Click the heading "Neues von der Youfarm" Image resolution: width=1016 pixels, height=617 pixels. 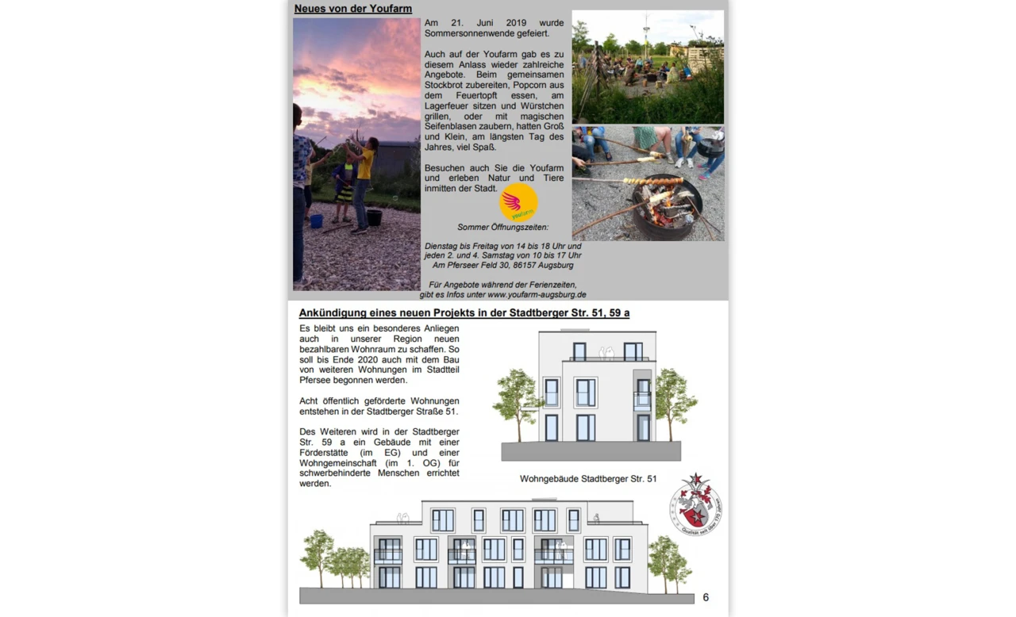pyautogui.click(x=352, y=10)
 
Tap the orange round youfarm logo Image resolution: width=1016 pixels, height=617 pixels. pyautogui.click(x=518, y=203)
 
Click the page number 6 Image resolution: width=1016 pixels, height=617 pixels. pyautogui.click(x=706, y=597)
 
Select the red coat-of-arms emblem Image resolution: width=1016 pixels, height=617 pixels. pyautogui.click(x=695, y=504)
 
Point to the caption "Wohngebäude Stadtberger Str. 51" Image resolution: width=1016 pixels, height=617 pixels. pyautogui.click(x=587, y=479)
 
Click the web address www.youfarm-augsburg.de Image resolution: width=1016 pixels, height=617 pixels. pyautogui.click(x=537, y=295)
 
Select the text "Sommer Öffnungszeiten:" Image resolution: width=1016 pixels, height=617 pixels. pyautogui.click(x=502, y=228)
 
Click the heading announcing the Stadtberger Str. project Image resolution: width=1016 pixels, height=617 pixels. pyautogui.click(x=464, y=313)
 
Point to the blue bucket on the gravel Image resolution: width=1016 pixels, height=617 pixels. pyautogui.click(x=316, y=221)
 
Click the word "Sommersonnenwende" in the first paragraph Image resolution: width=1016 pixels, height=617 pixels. pyautogui.click(x=462, y=34)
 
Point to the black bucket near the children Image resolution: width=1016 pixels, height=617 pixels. pyautogui.click(x=375, y=217)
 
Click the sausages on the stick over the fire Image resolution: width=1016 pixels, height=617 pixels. pyautogui.click(x=653, y=182)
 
